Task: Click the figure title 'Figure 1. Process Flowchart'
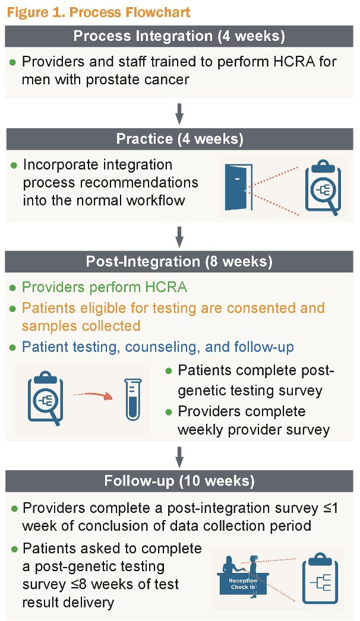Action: click(99, 12)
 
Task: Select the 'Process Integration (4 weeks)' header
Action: click(179, 36)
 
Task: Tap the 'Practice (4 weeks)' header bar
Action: click(179, 139)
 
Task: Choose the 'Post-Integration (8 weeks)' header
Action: click(179, 261)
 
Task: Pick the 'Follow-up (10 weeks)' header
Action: click(179, 481)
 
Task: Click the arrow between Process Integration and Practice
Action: click(179, 113)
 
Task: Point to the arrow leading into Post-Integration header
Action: click(179, 236)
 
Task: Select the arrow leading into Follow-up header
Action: click(179, 457)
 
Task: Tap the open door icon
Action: click(238, 188)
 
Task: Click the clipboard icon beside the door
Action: click(323, 187)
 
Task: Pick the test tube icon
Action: click(133, 399)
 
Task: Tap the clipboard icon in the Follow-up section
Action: click(320, 579)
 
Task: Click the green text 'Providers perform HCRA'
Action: click(105, 287)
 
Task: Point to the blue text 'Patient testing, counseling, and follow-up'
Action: click(158, 347)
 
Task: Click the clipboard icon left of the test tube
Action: click(45, 398)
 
